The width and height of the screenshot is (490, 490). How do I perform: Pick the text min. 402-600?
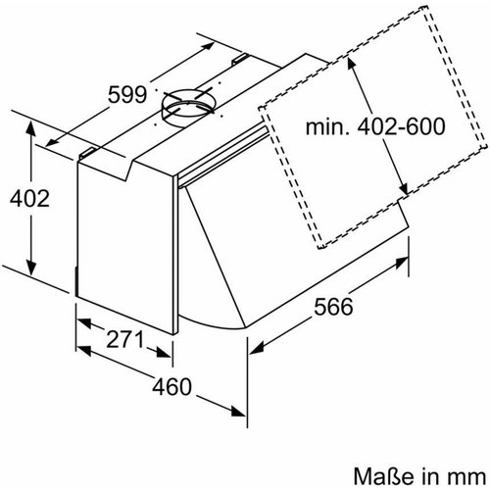tap(373, 127)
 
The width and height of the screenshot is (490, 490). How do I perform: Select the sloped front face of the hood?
tap(294, 245)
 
